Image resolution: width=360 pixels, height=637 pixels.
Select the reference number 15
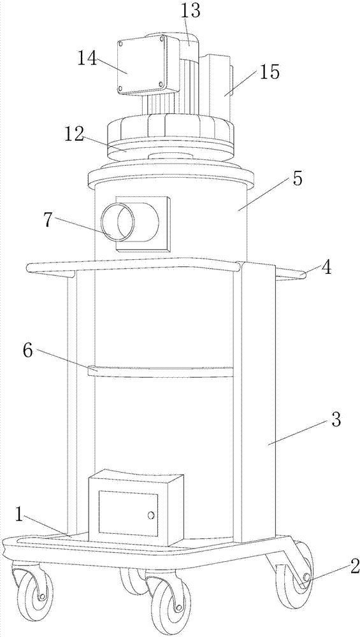click(269, 73)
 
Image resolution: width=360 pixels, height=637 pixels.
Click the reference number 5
click(298, 179)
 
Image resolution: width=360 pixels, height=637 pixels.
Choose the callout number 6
click(27, 350)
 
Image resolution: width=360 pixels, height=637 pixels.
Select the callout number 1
click(20, 514)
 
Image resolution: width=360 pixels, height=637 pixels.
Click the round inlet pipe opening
click(119, 222)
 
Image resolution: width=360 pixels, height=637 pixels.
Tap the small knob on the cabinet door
click(151, 515)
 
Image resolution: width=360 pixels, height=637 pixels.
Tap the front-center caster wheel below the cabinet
click(170, 604)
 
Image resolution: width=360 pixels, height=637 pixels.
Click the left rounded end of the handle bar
click(29, 268)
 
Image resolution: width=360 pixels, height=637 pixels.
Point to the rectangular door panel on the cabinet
click(128, 513)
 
